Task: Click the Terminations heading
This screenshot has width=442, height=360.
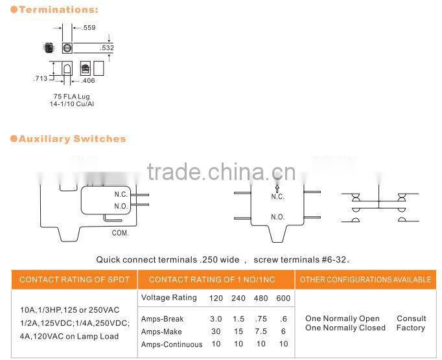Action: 59,10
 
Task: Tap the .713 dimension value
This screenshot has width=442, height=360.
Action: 40,79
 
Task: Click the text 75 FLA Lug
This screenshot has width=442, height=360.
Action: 72,96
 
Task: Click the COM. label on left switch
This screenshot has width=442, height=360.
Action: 121,232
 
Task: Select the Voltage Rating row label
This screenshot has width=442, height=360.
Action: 169,298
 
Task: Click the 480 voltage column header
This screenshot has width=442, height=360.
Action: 260,298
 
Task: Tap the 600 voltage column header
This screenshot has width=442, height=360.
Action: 283,298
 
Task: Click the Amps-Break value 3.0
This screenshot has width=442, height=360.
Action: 216,319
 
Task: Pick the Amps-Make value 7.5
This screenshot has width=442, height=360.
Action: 260,332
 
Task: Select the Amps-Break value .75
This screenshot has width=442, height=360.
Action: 260,319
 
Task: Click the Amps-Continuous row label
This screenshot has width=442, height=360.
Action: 172,344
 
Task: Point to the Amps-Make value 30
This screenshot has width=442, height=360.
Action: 216,332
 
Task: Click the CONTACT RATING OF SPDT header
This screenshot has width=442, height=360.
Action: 75,280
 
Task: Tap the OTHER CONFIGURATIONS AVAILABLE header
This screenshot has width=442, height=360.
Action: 366,280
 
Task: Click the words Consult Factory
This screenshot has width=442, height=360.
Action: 411,323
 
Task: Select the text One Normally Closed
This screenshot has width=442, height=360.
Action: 345,328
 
